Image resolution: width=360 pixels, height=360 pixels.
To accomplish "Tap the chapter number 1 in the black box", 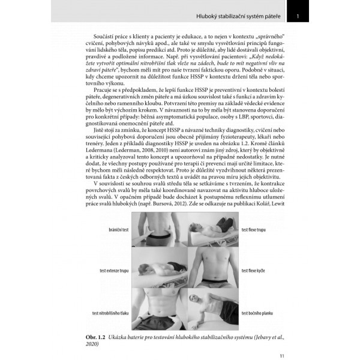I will click(298, 16).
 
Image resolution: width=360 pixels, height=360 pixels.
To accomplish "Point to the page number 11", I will click(281, 348).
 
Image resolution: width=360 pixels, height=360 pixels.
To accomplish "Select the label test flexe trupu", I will click(253, 230).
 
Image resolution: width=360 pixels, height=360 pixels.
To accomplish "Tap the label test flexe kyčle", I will click(253, 271).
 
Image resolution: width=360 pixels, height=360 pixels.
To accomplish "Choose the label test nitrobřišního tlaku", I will click(110, 313).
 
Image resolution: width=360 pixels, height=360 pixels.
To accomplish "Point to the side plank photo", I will click(213, 309).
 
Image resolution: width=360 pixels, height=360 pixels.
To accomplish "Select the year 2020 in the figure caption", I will click(92, 343).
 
